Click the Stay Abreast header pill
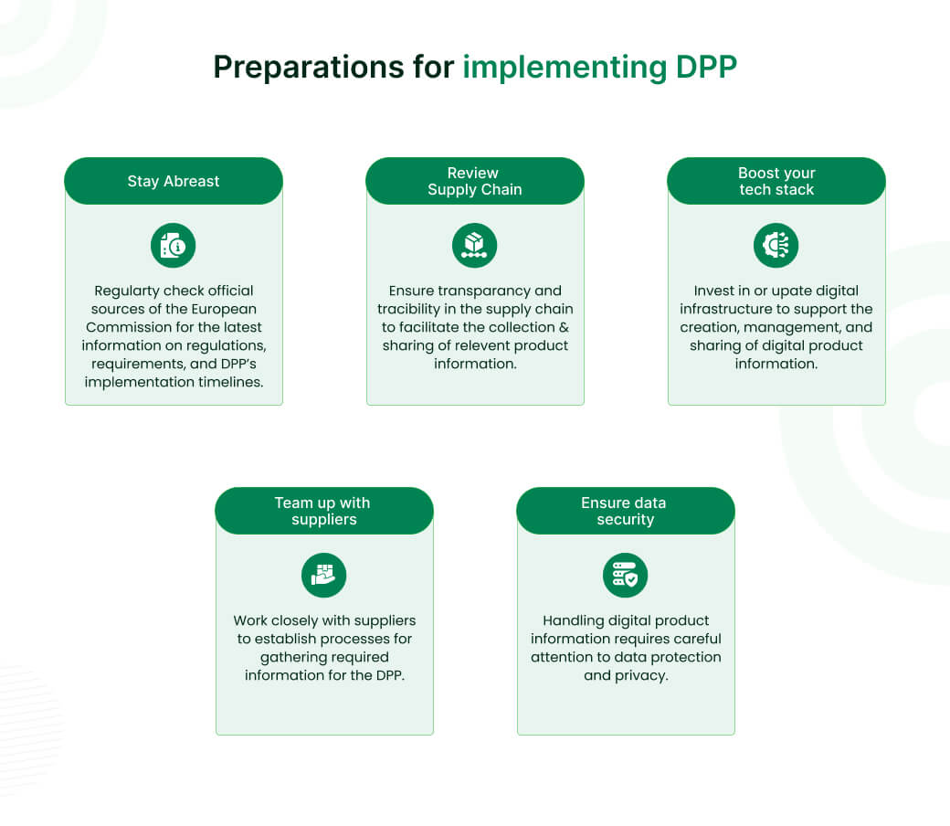pyautogui.click(x=174, y=181)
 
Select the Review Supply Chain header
pyautogui.click(x=475, y=181)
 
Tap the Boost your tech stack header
pyautogui.click(x=776, y=181)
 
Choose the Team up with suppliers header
pyautogui.click(x=324, y=511)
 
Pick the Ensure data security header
pyautogui.click(x=626, y=511)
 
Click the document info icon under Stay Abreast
pyautogui.click(x=174, y=246)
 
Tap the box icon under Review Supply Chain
pyautogui.click(x=475, y=246)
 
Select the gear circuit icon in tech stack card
pyautogui.click(x=776, y=246)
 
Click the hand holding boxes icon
pyautogui.click(x=324, y=576)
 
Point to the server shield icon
pyautogui.click(x=626, y=576)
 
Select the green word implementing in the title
pyautogui.click(x=565, y=68)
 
